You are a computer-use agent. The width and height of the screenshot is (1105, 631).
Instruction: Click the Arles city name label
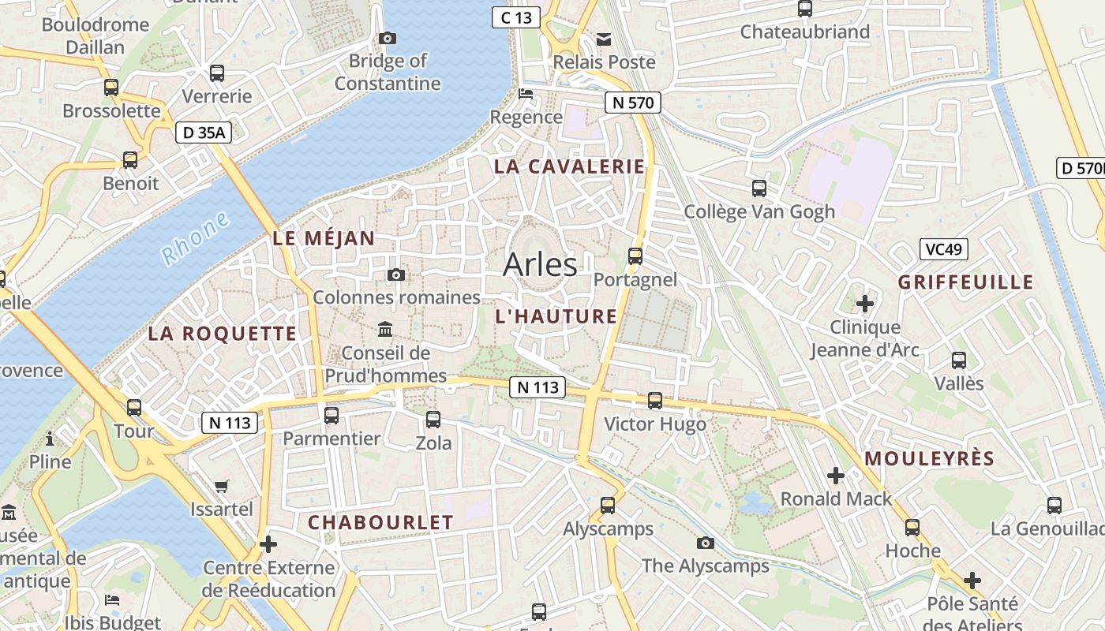pyautogui.click(x=540, y=264)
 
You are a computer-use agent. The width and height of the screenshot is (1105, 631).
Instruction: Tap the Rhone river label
pyautogui.click(x=195, y=238)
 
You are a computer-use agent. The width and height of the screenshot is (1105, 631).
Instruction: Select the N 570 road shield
pyautogui.click(x=632, y=102)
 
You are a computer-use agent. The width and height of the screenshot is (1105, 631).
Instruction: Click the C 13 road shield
pyautogui.click(x=515, y=17)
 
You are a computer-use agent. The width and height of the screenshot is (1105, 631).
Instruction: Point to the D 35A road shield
pyautogui.click(x=204, y=133)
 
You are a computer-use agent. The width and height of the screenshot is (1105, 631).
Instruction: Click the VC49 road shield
pyautogui.click(x=943, y=249)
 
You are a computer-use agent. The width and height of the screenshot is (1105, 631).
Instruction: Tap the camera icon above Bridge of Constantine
pyautogui.click(x=387, y=38)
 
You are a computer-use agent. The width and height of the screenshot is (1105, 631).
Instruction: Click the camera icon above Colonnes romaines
pyautogui.click(x=396, y=274)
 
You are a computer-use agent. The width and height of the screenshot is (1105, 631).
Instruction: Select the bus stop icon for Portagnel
pyautogui.click(x=635, y=256)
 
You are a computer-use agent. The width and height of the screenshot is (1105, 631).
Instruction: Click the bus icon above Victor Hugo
pyautogui.click(x=654, y=401)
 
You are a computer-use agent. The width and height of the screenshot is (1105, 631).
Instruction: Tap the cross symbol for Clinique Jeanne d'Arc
pyautogui.click(x=865, y=303)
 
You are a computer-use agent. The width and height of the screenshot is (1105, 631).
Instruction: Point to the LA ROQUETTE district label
pyautogui.click(x=223, y=334)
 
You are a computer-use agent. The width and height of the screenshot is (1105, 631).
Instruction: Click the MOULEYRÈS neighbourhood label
pyautogui.click(x=929, y=459)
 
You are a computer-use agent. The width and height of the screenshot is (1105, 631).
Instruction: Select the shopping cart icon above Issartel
pyautogui.click(x=222, y=486)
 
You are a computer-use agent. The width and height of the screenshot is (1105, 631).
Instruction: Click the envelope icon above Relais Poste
pyautogui.click(x=604, y=39)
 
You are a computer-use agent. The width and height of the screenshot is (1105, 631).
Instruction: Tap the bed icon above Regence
pyautogui.click(x=526, y=94)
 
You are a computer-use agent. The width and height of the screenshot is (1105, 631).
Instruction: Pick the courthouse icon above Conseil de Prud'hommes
pyautogui.click(x=385, y=329)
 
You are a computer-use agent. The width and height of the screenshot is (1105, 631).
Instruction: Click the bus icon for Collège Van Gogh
pyautogui.click(x=759, y=189)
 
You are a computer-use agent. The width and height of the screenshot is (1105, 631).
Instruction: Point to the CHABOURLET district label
pyautogui.click(x=380, y=522)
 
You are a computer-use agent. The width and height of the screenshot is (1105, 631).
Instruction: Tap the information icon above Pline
pyautogui.click(x=50, y=438)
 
